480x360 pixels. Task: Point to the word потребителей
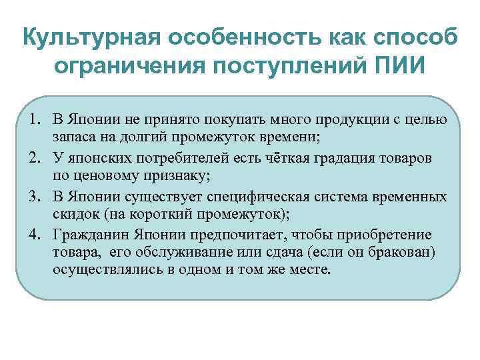[x=185, y=158]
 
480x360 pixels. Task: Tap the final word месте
[x=311, y=271]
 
